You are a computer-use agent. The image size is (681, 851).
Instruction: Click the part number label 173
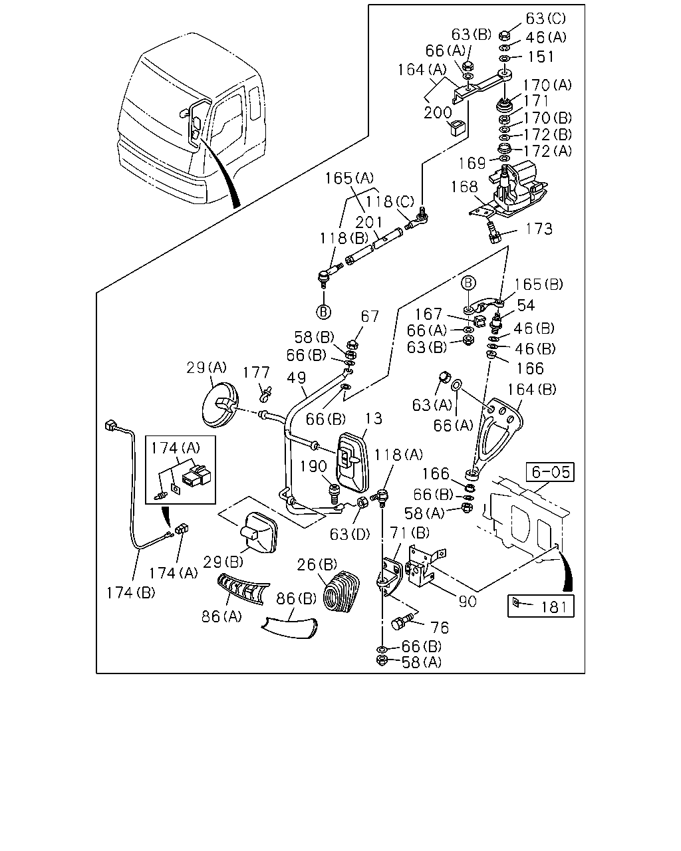click(x=538, y=229)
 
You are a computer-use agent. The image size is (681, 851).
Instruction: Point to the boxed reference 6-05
click(x=551, y=472)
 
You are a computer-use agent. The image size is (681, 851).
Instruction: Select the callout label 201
click(x=368, y=223)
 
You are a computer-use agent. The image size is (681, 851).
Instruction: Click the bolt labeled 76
click(x=402, y=622)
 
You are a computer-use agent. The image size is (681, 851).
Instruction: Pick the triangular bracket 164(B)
click(x=499, y=435)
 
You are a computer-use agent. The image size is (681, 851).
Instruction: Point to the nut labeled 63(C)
click(x=503, y=36)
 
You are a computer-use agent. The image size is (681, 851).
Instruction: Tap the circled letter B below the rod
click(x=323, y=312)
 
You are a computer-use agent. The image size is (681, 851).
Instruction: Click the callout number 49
click(x=297, y=378)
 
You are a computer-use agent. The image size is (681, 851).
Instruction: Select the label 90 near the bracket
click(x=468, y=602)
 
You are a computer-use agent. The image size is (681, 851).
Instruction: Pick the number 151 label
click(x=541, y=57)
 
